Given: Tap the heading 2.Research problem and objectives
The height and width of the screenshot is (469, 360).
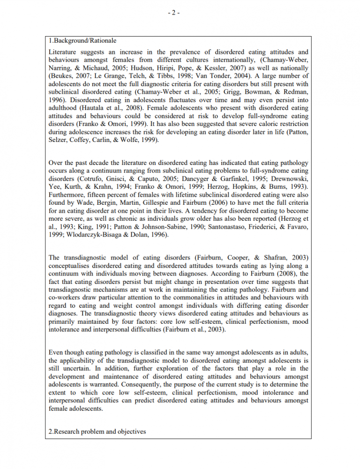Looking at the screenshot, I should coord(97,432).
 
